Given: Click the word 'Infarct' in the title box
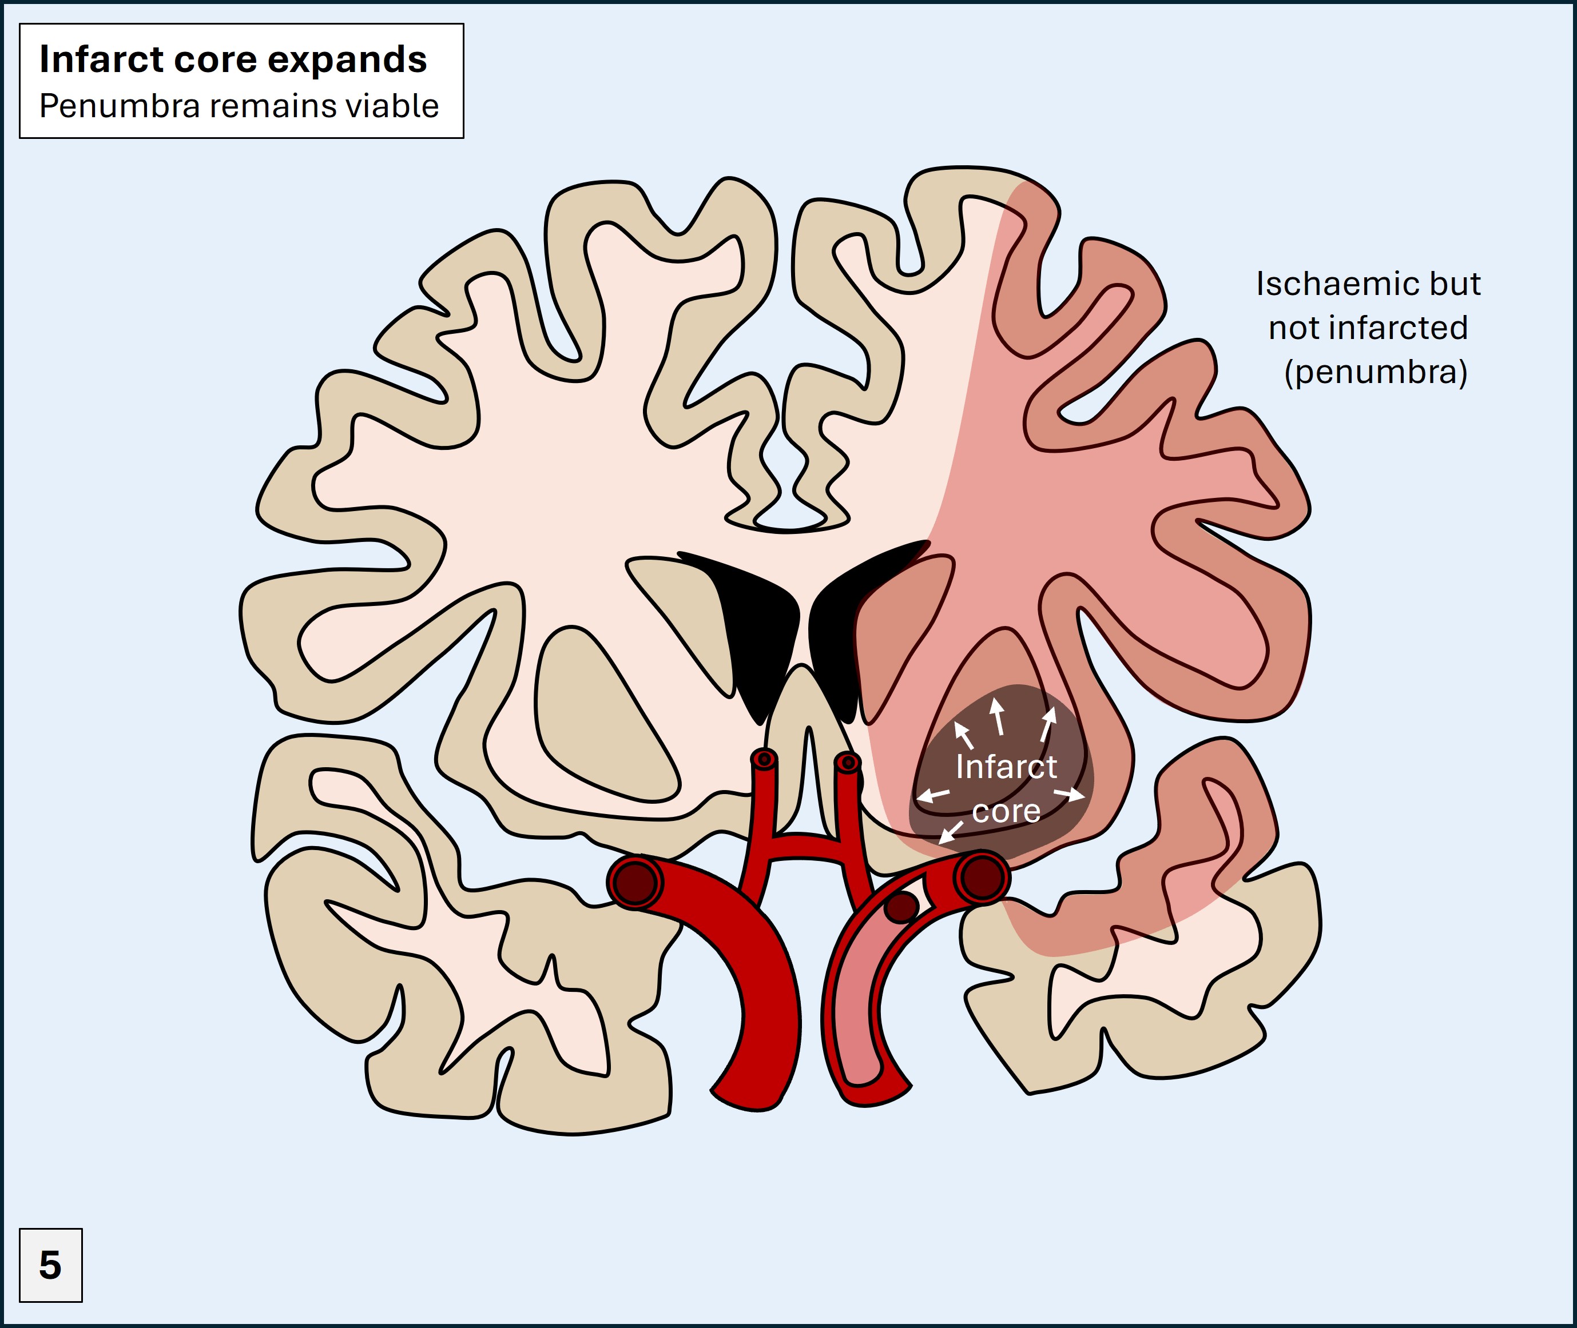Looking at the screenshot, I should click(x=101, y=59).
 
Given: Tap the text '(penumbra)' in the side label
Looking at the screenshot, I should click(x=1375, y=372).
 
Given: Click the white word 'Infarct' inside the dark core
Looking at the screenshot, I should click(x=1006, y=767).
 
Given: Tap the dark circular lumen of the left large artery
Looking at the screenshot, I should click(x=635, y=881).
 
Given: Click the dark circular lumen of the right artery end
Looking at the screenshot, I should click(x=982, y=876).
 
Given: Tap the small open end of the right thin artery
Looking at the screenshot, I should click(x=848, y=763).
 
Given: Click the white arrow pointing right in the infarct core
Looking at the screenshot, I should click(x=1070, y=794).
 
